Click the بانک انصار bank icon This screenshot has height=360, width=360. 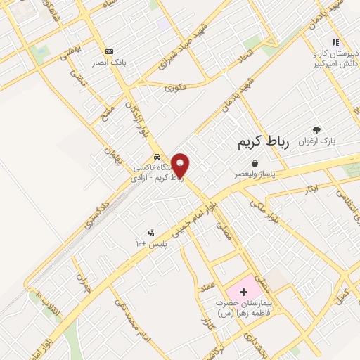point(108,51)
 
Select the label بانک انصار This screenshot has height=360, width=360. point(108,62)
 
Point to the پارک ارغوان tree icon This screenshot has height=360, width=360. point(316,129)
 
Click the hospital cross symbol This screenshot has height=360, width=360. point(244,291)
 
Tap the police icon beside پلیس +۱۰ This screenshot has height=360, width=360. point(150,233)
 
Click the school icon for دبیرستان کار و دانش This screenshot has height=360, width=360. point(335,43)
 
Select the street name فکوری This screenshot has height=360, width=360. point(174,87)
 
